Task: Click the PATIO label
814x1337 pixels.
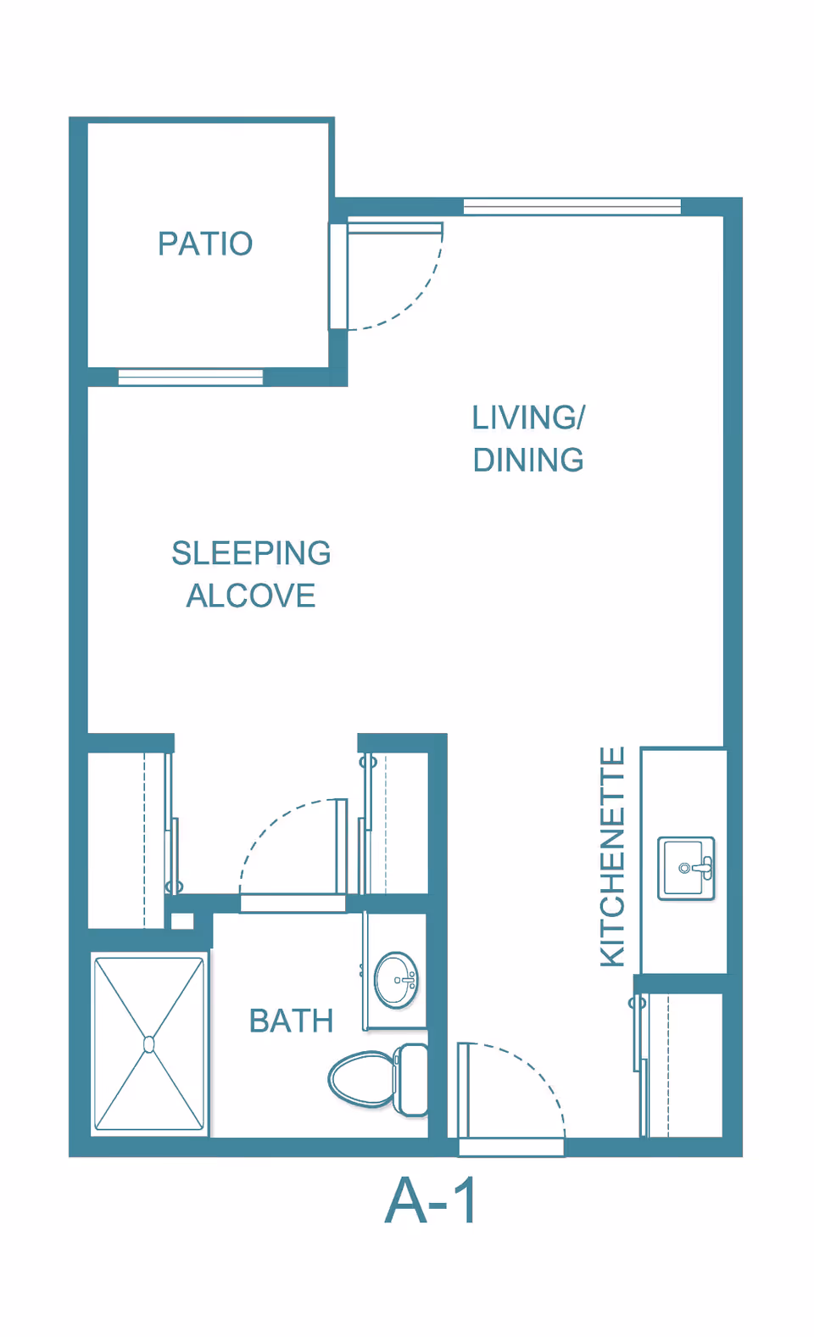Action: point(205,243)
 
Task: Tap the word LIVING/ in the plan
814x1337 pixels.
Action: point(527,417)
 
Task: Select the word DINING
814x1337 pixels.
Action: point(527,460)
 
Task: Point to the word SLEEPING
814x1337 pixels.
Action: point(251,553)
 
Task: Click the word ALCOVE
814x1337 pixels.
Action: point(251,596)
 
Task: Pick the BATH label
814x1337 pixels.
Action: point(291,1021)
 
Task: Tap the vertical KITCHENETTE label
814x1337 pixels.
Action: point(612,857)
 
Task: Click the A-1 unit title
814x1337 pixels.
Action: point(432,1201)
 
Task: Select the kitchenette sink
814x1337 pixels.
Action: point(686,869)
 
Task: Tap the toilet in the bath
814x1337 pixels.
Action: point(365,1079)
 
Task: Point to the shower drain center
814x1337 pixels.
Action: point(149,1044)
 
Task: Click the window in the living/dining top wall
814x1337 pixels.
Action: point(572,206)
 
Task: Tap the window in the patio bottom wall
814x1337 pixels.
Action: point(191,378)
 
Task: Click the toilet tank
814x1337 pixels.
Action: point(413,1079)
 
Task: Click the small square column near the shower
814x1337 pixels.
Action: point(182,921)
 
